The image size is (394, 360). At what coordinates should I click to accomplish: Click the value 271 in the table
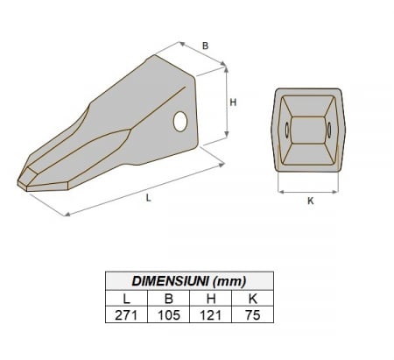[125, 314]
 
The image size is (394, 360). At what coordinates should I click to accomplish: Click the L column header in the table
[125, 297]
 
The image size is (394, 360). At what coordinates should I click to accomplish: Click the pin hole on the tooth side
[181, 122]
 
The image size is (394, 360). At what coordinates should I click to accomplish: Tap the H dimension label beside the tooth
[233, 102]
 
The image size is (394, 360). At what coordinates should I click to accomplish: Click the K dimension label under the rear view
[310, 201]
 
